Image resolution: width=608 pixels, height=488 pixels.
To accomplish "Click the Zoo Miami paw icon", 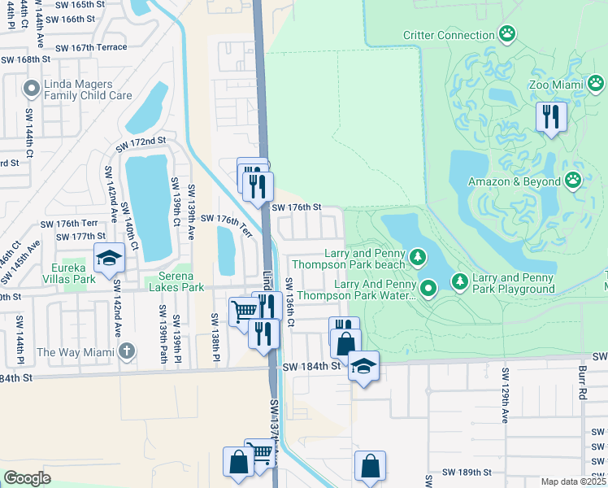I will coord(597,84).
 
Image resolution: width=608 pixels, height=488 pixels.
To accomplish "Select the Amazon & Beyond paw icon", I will coord(574,181).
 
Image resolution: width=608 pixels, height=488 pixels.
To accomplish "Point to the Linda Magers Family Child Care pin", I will coord(33,89).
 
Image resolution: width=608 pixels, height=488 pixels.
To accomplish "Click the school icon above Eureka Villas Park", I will coord(108,258).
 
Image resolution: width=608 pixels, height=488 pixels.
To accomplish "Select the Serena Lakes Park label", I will coord(175,286).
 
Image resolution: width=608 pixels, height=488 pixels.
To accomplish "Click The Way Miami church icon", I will coord(124,351).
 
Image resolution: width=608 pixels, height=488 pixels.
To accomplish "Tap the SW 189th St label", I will coord(467,473).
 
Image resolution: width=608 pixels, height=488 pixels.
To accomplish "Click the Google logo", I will coord(27,478).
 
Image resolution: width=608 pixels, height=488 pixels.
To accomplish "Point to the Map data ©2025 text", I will coord(573,481).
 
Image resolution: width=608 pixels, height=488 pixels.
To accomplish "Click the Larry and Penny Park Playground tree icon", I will coord(460,281).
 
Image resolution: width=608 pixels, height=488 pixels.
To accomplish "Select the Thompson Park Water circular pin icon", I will coord(429,287).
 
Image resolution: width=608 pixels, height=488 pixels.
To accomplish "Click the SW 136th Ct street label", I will coord(289,303).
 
